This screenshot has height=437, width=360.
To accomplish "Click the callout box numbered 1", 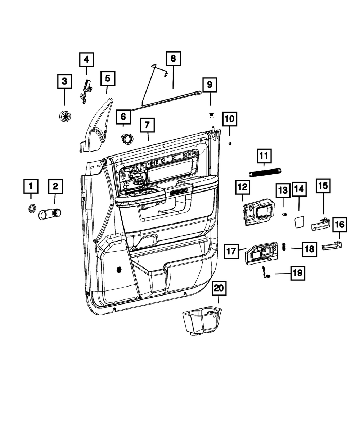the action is pos(31,186).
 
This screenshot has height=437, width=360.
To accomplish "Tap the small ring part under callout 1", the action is pos(32,208).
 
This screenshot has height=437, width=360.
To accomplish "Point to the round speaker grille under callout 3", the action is pos(65,116).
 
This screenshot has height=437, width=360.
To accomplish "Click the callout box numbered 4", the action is pos(86,60).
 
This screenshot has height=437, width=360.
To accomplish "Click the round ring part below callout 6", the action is pos(127,139).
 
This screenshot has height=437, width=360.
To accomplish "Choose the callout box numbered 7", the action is pos(147,125).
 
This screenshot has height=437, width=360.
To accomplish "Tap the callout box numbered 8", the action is pos(173,59).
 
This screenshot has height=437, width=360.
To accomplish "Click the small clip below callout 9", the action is pos(212,115).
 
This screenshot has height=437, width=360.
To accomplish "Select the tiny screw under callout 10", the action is pos(230,143).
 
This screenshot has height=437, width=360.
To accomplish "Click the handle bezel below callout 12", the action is pos(259,212).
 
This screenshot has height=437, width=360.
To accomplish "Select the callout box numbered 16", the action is pos(340,225).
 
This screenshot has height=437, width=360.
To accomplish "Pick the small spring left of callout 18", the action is pos(284,247).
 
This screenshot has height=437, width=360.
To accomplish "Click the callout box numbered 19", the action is pos(298,273).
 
